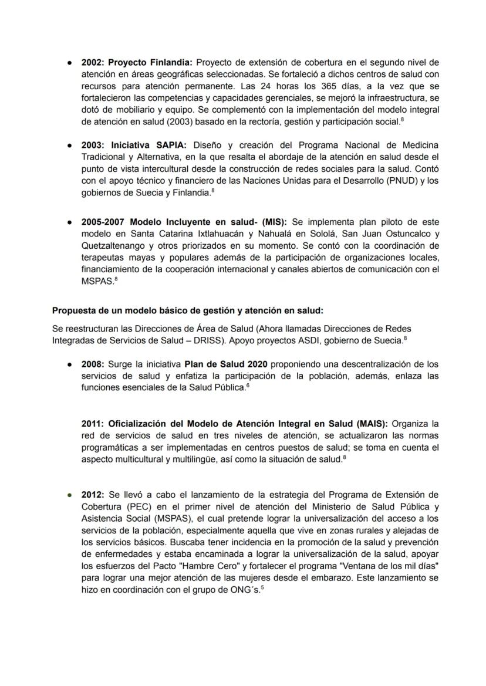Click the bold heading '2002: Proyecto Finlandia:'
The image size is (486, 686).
(x=137, y=62)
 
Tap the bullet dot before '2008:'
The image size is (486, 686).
(x=70, y=364)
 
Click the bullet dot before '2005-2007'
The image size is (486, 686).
(x=70, y=222)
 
